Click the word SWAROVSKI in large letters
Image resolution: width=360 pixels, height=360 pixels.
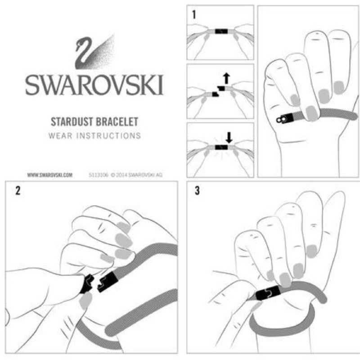(x=94, y=85)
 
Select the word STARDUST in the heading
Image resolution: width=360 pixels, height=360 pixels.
(x=71, y=121)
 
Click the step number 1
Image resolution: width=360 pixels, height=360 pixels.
(x=194, y=14)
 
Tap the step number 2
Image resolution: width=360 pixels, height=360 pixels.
(x=17, y=190)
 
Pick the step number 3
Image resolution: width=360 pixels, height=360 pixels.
(x=197, y=190)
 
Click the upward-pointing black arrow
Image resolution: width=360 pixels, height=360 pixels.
(x=226, y=78)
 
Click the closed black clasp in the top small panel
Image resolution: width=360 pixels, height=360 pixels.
(x=222, y=31)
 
